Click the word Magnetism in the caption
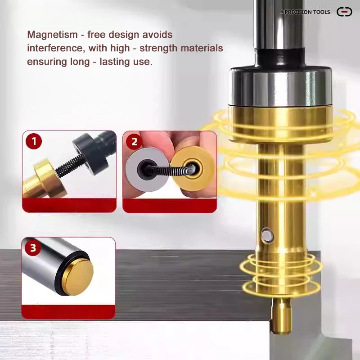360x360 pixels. (x=53, y=35)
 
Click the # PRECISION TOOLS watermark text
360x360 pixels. (x=305, y=12)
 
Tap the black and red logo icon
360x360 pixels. (x=344, y=12)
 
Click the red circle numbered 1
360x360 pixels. (x=34, y=141)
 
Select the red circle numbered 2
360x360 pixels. (x=134, y=141)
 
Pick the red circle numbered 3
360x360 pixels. (x=33, y=248)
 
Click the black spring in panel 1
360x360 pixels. (x=69, y=165)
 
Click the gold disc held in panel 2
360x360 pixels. (x=193, y=169)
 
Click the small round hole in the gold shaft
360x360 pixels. (x=267, y=234)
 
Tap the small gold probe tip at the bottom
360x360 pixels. (x=281, y=316)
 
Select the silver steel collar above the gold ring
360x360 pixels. (x=280, y=87)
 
